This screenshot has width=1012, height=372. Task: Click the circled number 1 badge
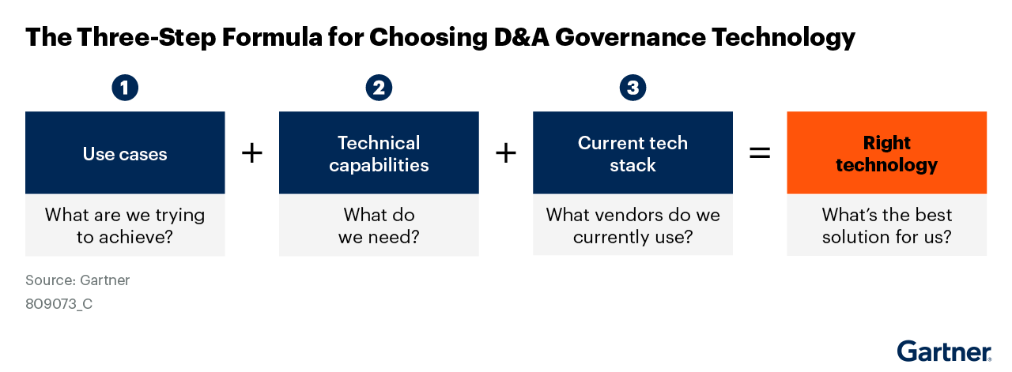click(x=125, y=88)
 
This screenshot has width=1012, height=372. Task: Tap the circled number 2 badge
click(x=379, y=88)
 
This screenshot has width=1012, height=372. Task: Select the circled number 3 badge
click(x=632, y=88)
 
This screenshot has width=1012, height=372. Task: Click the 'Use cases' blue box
click(x=125, y=153)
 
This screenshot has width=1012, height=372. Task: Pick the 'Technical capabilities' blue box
click(x=379, y=153)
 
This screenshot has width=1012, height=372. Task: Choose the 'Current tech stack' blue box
click(x=632, y=153)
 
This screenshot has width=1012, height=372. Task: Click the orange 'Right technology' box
click(x=886, y=153)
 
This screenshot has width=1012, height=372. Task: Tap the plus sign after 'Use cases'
click(x=251, y=153)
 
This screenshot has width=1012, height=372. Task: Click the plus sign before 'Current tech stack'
click(x=505, y=153)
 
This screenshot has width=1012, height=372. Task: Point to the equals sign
click(x=759, y=153)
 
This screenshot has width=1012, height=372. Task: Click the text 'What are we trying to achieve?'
click(x=125, y=225)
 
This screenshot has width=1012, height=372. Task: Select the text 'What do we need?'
click(x=379, y=225)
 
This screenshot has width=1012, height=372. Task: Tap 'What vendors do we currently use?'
click(x=632, y=225)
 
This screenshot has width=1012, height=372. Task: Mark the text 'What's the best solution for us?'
click(x=886, y=225)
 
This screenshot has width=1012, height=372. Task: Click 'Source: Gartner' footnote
click(x=77, y=280)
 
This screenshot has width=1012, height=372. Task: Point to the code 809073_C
click(x=59, y=303)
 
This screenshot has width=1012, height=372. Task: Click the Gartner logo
click(x=944, y=351)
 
